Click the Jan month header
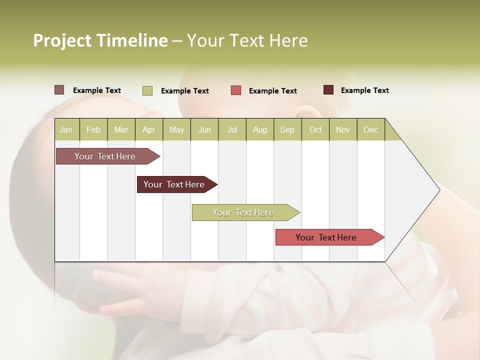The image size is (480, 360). pyautogui.click(x=66, y=129)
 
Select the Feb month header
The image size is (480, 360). pyautogui.click(x=93, y=129)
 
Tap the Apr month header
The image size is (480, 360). pyautogui.click(x=148, y=129)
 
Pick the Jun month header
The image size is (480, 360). pyautogui.click(x=204, y=129)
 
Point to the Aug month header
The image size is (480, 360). pyautogui.click(x=259, y=129)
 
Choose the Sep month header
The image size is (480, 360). pyautogui.click(x=287, y=129)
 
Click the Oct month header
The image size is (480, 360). pyautogui.click(x=315, y=129)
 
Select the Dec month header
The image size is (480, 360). pyautogui.click(x=370, y=129)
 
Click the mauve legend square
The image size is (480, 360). pyautogui.click(x=59, y=90)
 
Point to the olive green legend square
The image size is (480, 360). pyautogui.click(x=147, y=90)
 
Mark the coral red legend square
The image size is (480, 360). pyautogui.click(x=236, y=90)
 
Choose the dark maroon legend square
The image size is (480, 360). pyautogui.click(x=328, y=90)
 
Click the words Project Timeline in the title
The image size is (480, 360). pyautogui.click(x=100, y=40)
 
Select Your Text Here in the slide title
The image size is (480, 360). pyautogui.click(x=247, y=40)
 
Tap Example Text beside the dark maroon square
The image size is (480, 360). pyautogui.click(x=364, y=90)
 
